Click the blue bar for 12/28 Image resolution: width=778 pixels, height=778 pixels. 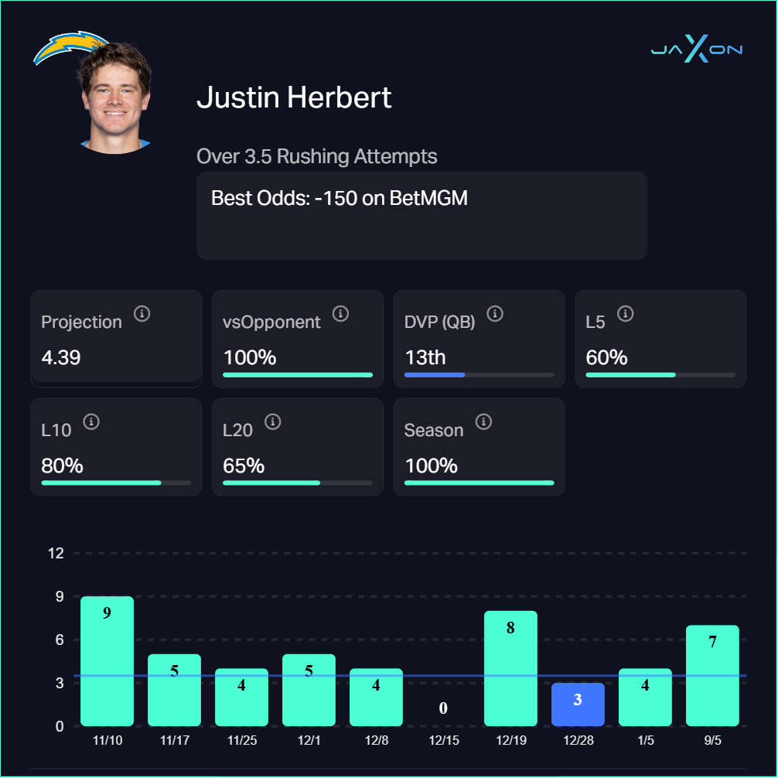[x=577, y=705]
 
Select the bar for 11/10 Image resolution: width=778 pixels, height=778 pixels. [x=107, y=661]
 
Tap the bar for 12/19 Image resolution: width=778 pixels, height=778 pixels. [x=510, y=668]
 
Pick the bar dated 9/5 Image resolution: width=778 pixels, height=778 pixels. [x=712, y=675]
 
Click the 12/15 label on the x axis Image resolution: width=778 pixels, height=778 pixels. [x=443, y=740]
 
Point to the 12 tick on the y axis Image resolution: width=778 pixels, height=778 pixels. [x=56, y=553]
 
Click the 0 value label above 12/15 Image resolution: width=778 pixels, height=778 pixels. [x=443, y=708]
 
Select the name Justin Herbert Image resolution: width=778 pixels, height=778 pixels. [x=294, y=98]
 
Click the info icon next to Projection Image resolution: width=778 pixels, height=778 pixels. [x=142, y=313]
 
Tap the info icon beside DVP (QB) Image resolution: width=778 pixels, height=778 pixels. [x=495, y=313]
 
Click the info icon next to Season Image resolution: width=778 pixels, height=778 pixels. [x=483, y=421]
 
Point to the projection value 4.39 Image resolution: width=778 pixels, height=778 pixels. [x=60, y=358]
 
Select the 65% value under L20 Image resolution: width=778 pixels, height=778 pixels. [x=244, y=466]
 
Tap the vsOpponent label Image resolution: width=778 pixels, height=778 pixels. [x=271, y=322]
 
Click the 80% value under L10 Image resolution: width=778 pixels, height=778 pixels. [x=62, y=466]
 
